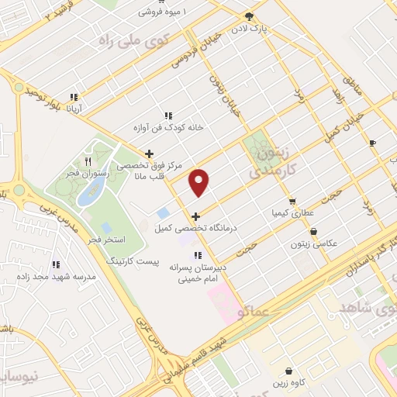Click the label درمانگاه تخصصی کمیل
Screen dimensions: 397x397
point(186,228)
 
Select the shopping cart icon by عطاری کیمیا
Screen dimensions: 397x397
point(292,202)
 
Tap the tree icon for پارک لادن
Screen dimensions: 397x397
point(248,16)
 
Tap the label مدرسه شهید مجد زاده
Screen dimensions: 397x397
point(67,277)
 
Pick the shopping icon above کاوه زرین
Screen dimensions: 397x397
point(288,371)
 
